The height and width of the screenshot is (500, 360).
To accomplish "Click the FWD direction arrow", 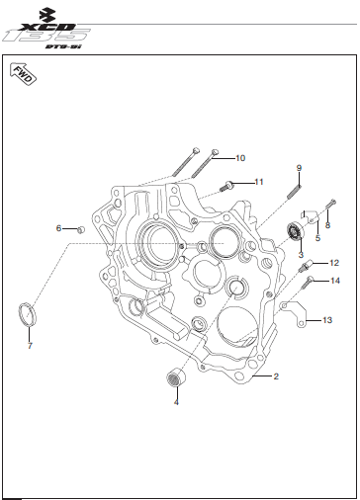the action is point(23,73).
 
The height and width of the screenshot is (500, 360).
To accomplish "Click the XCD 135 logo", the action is point(46,29).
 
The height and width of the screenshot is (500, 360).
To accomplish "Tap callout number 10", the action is point(240,158).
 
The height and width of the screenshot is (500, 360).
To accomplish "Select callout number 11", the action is point(259,182).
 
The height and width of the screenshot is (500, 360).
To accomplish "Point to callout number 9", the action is point(299,168).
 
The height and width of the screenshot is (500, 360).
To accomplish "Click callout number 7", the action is point(30,346).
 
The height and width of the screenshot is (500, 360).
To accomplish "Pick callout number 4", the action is point(176,402).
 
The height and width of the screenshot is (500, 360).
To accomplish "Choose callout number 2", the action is point(276,376).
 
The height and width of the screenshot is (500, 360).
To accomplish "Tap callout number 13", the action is point(327,320).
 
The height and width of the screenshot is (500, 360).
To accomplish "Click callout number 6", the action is point(58,228).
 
